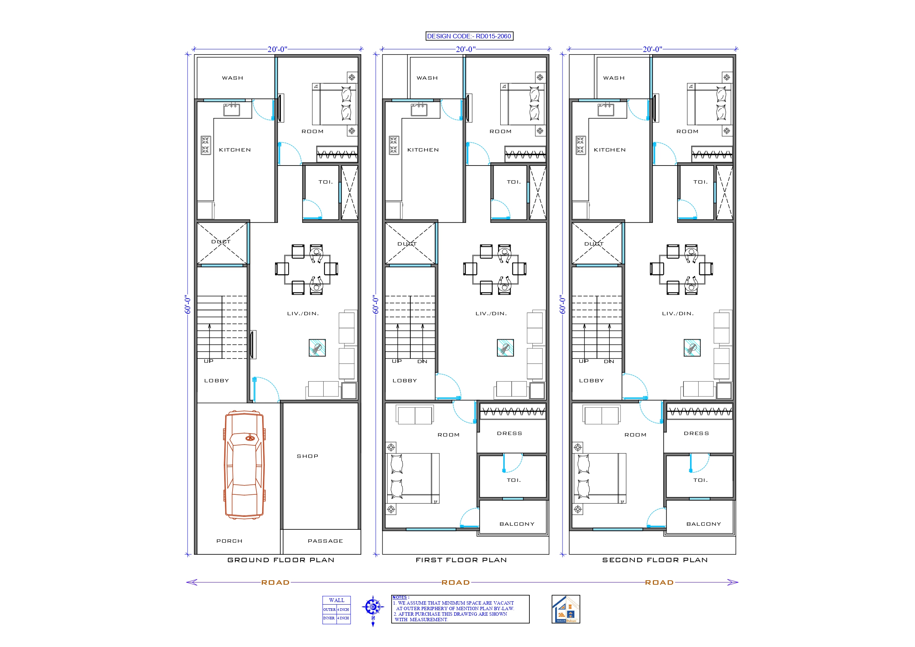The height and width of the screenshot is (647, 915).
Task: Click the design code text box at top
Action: click(x=469, y=36)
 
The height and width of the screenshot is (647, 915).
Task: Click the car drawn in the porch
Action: click(x=244, y=465)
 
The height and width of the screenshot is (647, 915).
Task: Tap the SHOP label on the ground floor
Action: click(x=307, y=456)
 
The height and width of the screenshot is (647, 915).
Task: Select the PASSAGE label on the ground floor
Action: click(x=325, y=541)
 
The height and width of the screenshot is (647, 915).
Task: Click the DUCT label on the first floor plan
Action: click(x=407, y=244)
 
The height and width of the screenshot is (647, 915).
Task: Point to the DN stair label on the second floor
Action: click(x=609, y=362)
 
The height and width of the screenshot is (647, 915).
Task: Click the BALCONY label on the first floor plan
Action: click(x=517, y=524)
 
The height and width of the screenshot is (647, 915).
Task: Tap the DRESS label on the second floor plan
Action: click(x=696, y=433)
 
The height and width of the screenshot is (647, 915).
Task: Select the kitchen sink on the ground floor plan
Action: click(x=232, y=109)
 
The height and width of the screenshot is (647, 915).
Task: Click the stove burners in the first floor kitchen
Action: click(x=394, y=145)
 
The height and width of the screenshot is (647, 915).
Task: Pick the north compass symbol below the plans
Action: click(x=373, y=608)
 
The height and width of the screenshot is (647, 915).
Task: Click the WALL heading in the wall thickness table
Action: click(x=336, y=600)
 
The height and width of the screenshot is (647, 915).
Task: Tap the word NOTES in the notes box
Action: click(x=400, y=597)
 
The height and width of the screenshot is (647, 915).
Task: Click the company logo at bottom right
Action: click(x=566, y=609)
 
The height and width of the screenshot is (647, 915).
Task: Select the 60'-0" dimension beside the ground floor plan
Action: click(x=188, y=305)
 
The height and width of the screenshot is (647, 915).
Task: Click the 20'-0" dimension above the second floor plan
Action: click(x=652, y=49)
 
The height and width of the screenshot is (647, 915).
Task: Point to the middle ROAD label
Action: click(x=456, y=582)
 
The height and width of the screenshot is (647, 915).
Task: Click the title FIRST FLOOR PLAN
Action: click(x=461, y=560)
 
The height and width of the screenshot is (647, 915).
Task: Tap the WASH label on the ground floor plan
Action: click(x=232, y=78)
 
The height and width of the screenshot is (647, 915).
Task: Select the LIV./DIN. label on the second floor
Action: click(x=678, y=314)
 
